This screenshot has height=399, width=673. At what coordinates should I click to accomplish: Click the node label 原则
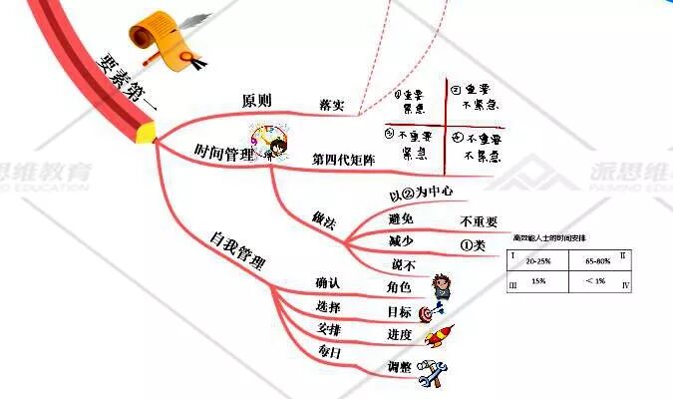click(x=258, y=102)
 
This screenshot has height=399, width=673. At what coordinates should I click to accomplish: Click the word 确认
click(x=328, y=284)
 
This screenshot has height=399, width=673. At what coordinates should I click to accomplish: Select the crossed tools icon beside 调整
click(x=430, y=372)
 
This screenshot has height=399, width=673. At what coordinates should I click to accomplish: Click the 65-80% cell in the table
click(x=598, y=259)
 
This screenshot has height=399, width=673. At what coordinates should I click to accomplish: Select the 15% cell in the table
click(x=538, y=282)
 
